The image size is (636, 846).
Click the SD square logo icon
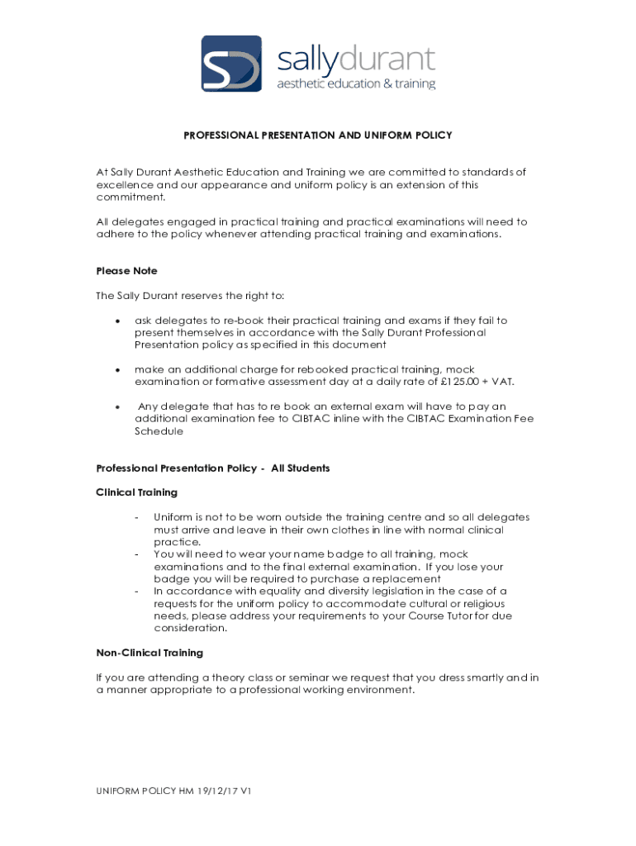point(231,64)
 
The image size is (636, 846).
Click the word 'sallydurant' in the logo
point(355,59)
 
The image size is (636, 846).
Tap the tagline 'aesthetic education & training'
point(355,83)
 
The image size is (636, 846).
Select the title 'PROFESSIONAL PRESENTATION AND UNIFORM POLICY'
point(317,135)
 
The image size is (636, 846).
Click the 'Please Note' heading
point(126,271)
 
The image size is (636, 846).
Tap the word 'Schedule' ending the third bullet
point(159,430)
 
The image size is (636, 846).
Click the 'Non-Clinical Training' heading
point(149,653)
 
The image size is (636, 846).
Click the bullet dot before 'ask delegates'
point(118,321)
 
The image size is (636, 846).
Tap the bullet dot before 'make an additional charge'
point(118,370)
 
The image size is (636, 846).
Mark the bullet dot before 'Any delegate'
point(118,406)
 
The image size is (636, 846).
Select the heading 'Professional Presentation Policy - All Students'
point(212,468)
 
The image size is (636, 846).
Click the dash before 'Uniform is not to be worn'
point(135,517)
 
